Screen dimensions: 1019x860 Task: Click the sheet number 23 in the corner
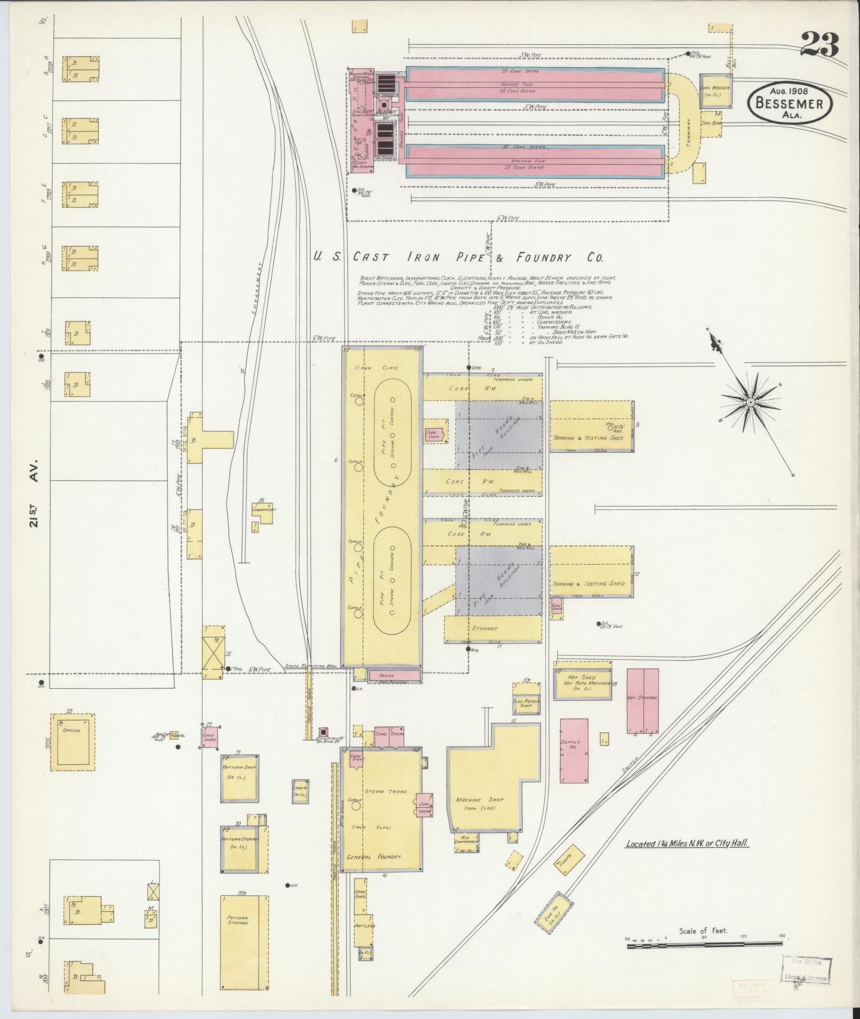(x=819, y=45)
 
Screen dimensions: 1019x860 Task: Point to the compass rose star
(x=749, y=400)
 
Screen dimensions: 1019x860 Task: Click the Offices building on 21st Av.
(x=73, y=742)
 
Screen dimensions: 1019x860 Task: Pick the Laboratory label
(x=264, y=509)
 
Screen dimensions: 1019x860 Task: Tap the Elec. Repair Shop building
(x=526, y=703)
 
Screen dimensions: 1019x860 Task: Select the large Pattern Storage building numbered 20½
(x=244, y=935)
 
